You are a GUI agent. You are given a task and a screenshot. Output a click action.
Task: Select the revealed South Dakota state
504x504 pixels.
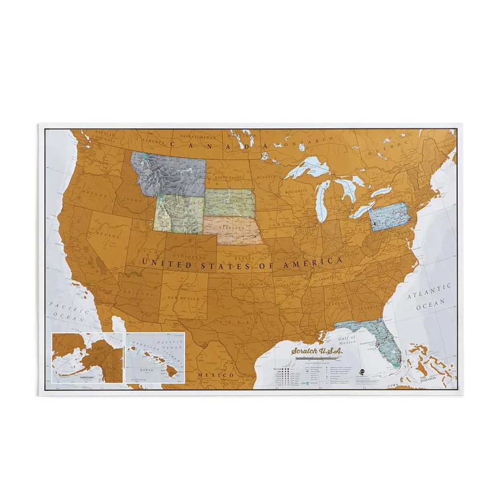point(229,202)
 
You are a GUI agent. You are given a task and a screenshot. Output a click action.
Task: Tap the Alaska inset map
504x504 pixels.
point(87,357)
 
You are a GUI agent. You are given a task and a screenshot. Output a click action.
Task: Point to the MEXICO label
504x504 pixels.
point(216,376)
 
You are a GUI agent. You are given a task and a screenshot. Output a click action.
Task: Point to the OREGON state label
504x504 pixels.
point(94,193)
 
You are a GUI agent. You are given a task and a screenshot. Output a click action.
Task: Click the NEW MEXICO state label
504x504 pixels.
point(183,299)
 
